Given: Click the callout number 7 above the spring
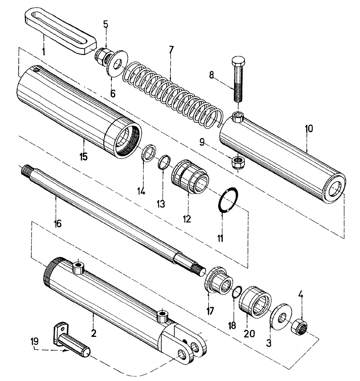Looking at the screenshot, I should click(171, 50).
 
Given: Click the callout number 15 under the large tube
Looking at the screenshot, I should click(84, 157).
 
